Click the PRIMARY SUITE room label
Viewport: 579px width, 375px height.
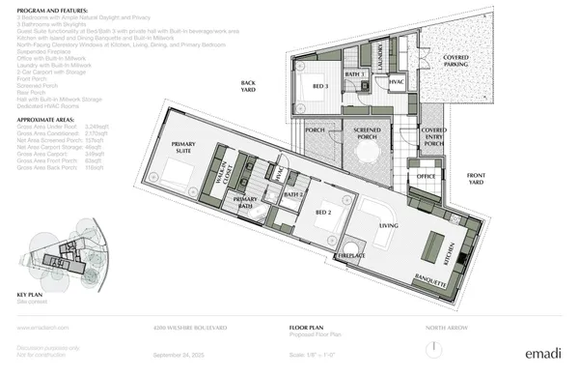pos(183,147)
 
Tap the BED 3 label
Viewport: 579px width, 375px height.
pos(320,86)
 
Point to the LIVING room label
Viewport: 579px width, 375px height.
pos(389,225)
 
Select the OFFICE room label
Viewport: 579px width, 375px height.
pos(426,177)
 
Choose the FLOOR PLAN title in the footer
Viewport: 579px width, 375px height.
pos(307,329)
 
